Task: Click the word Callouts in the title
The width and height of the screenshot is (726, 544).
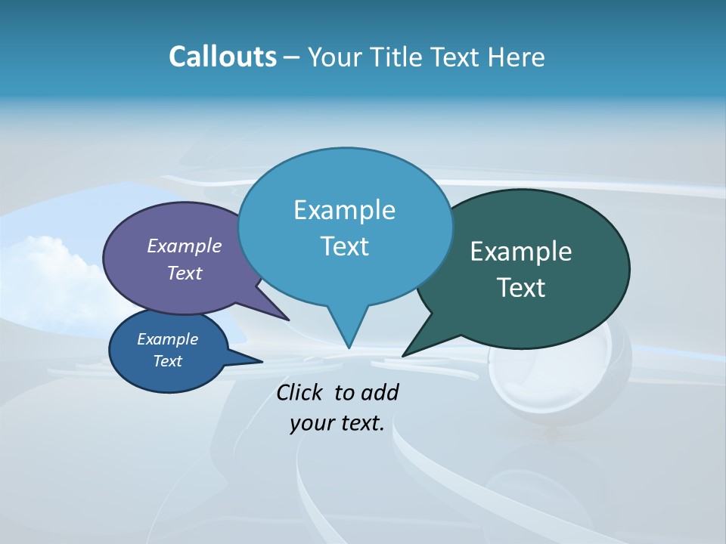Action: click(222, 57)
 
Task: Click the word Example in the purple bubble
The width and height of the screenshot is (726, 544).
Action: click(185, 246)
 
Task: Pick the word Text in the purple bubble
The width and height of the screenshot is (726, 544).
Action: click(185, 273)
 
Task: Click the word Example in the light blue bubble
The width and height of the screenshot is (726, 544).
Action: click(344, 210)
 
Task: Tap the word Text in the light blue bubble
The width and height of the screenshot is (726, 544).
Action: click(344, 246)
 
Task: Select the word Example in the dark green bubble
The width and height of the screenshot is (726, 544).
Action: click(521, 252)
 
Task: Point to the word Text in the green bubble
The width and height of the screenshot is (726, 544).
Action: click(521, 288)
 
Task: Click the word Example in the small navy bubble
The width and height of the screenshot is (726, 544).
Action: click(168, 339)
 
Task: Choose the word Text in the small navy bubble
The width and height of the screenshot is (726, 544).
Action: click(168, 361)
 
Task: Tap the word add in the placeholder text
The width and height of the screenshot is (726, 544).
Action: click(380, 393)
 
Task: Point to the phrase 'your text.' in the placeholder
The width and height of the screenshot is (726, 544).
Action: click(337, 424)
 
